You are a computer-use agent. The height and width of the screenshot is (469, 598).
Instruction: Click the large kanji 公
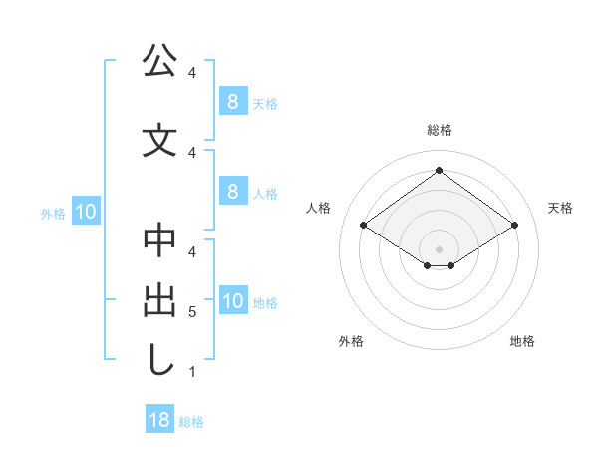pos(159,62)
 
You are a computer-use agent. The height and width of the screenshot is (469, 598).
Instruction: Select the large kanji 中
pos(159,242)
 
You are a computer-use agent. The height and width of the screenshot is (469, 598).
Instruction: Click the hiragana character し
pos(159,361)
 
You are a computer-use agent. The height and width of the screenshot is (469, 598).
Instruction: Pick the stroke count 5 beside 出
pos(192,312)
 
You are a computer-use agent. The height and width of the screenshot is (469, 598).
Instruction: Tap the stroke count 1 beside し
pos(192,372)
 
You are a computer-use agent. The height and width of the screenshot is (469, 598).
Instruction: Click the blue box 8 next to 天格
pos(232,102)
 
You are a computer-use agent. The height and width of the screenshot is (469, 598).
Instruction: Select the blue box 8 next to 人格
pos(232,192)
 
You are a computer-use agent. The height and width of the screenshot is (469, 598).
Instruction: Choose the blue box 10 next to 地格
pos(232,302)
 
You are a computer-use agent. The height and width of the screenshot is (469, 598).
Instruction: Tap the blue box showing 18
pos(158,420)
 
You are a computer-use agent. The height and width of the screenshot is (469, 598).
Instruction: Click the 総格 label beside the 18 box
pos(191,422)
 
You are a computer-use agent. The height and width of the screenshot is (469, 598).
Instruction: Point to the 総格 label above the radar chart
pos(439,130)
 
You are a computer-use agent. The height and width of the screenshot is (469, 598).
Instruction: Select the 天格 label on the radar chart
pos(560,208)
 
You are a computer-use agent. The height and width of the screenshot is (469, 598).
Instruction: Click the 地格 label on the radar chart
pos(522,341)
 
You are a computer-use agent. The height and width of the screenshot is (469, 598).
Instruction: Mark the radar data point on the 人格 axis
pos(364,226)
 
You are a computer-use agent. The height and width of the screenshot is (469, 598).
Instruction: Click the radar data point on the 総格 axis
pos(439,170)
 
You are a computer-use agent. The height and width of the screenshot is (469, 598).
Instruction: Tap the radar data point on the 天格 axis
pos(514,226)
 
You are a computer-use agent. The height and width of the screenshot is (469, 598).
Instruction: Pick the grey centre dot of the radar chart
pos(439,248)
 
